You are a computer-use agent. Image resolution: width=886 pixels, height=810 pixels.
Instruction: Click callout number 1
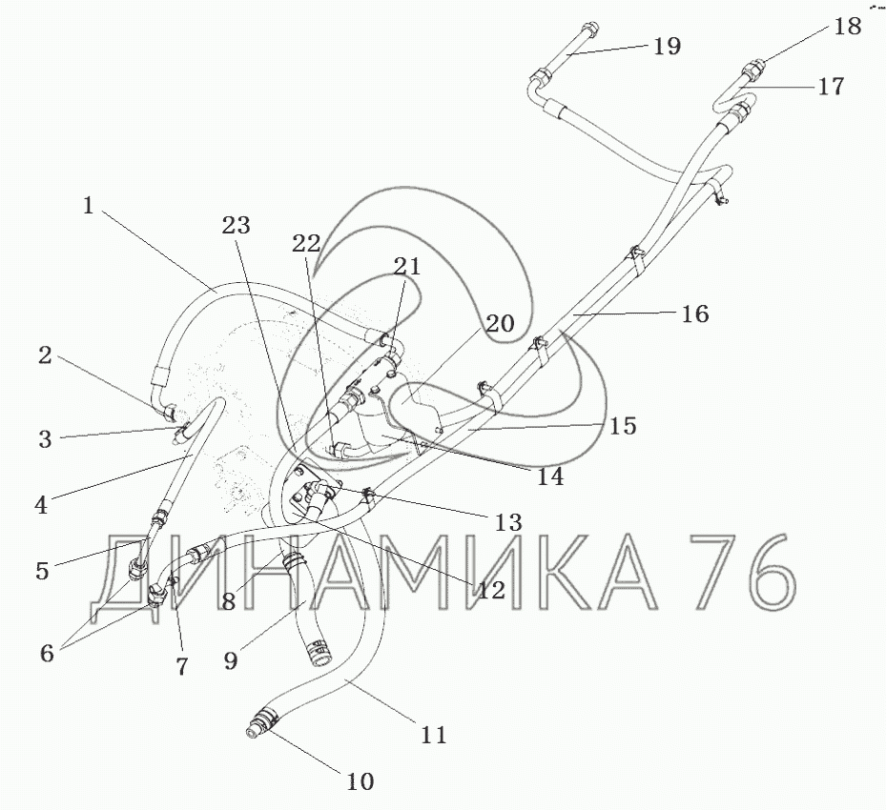pyautogui.click(x=88, y=205)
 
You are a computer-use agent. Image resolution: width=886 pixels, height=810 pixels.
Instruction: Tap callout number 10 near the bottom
pyautogui.click(x=360, y=781)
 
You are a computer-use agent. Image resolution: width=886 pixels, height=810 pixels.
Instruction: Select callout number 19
pyautogui.click(x=667, y=46)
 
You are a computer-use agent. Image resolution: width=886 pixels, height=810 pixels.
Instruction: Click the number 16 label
pyautogui.click(x=695, y=314)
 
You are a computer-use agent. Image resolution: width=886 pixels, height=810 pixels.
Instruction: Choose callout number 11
pyautogui.click(x=433, y=734)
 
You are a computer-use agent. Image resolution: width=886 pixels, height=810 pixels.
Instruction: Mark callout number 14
pyautogui.click(x=549, y=476)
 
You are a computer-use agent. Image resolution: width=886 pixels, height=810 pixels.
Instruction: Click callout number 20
pyautogui.click(x=500, y=323)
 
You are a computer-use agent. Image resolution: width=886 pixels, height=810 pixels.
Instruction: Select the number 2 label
pyautogui.click(x=45, y=356)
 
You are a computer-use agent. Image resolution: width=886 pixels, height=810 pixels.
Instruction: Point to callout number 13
pyautogui.click(x=508, y=522)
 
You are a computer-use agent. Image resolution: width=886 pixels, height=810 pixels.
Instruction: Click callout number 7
pyautogui.click(x=180, y=666)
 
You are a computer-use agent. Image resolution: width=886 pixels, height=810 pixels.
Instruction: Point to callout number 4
pyautogui.click(x=40, y=504)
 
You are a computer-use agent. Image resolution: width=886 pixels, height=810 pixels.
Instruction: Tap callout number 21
pyautogui.click(x=408, y=267)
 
